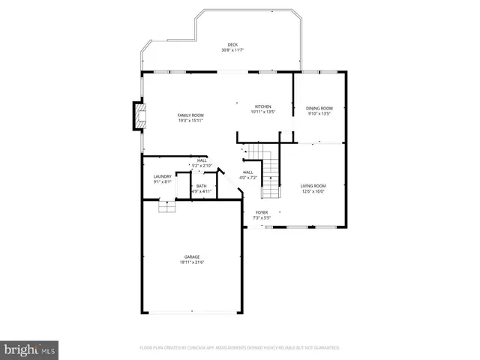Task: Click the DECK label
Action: point(232,45)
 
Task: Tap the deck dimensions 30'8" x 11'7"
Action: point(232,50)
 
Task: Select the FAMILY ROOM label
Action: point(190,115)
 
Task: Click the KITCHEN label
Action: point(263,106)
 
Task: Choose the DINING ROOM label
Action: point(319,109)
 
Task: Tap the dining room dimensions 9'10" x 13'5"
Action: point(319,114)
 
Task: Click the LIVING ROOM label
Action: point(313,185)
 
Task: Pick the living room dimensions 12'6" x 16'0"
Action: point(313,190)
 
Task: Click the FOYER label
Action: point(261,212)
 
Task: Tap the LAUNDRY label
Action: point(163,176)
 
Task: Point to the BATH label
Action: point(202,186)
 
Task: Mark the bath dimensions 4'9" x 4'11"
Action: point(202,191)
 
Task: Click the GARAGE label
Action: point(192,257)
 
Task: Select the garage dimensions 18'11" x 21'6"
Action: point(192,262)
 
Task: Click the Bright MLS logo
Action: point(30,349)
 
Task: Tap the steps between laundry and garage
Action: point(166,206)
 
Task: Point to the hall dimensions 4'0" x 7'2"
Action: point(248,178)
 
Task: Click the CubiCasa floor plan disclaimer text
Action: point(240,348)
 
